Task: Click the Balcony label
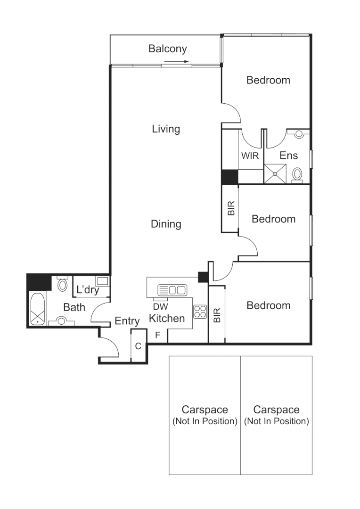tap(168, 49)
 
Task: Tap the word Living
tap(166, 129)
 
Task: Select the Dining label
tap(166, 224)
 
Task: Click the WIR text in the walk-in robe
tap(250, 156)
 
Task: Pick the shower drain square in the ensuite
tap(275, 173)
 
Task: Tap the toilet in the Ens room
tap(297, 174)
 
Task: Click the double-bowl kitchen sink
tap(172, 289)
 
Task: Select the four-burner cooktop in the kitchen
tap(200, 312)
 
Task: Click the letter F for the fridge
tap(158, 335)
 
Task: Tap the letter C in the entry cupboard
tap(138, 346)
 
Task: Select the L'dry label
tap(88, 290)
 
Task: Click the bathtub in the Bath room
tap(38, 309)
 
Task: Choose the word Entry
tap(127, 321)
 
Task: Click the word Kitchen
tap(167, 319)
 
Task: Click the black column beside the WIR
tap(229, 177)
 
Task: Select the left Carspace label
tap(205, 410)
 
